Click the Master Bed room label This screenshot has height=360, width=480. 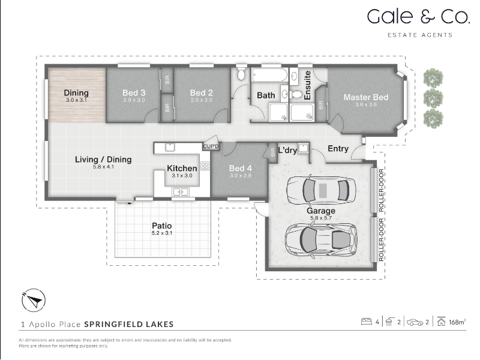tap(366, 97)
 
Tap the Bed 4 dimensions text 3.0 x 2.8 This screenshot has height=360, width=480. tap(241, 176)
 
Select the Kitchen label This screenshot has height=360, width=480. tap(182, 169)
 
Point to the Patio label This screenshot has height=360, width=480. tap(162, 226)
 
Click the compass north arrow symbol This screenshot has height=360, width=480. tap(34, 301)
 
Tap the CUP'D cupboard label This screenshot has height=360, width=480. tap(211, 146)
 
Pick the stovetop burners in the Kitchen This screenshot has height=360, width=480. tap(205, 166)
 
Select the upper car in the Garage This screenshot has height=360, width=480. tap(321, 190)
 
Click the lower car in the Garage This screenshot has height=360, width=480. tap(321, 240)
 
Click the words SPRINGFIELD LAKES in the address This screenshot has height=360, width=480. tap(129, 324)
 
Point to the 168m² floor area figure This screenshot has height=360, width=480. tap(457, 322)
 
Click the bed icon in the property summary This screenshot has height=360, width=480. tap(367, 322)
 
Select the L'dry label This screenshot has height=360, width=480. tap(287, 151)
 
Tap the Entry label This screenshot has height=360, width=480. tap(338, 149)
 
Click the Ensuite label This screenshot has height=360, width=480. tap(308, 85)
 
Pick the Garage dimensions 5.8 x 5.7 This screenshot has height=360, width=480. tap(321, 218)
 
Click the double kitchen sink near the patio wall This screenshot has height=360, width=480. tap(181, 192)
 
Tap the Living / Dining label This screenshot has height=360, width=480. tap(103, 160)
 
